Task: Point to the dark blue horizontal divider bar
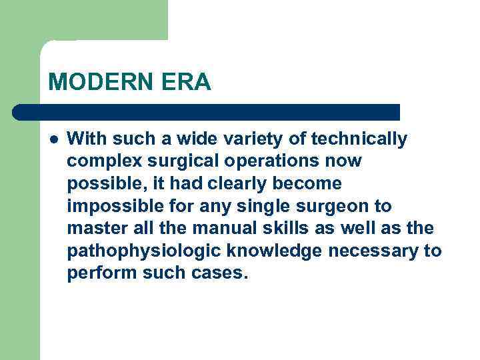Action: (x=207, y=111)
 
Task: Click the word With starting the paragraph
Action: (x=85, y=139)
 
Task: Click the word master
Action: (x=92, y=229)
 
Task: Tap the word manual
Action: (x=221, y=229)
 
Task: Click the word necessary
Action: (x=369, y=251)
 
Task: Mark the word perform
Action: (x=96, y=274)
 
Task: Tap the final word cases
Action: (x=220, y=274)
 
